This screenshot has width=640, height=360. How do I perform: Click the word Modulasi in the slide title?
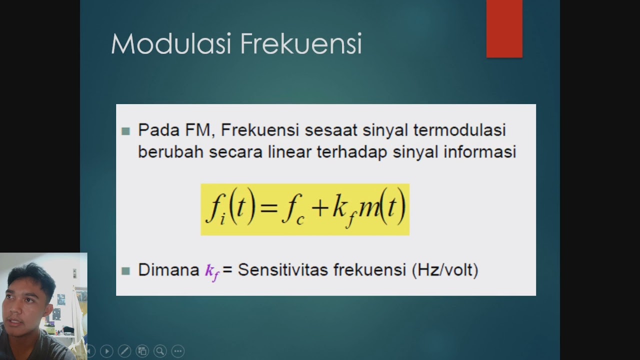tap(170, 44)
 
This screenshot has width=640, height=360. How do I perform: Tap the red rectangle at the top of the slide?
tap(504, 28)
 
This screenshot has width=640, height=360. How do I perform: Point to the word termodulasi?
tap(460, 130)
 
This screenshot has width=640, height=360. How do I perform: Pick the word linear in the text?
tap(289, 152)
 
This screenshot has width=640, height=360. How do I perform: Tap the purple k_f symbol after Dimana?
tap(212, 271)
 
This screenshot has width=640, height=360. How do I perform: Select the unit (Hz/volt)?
tap(444, 270)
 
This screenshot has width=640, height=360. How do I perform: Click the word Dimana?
tap(168, 270)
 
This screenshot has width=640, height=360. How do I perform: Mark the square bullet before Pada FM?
tap(125, 131)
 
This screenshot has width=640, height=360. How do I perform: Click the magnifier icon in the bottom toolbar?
tap(160, 351)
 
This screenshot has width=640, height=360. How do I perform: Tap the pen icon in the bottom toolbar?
tap(124, 351)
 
